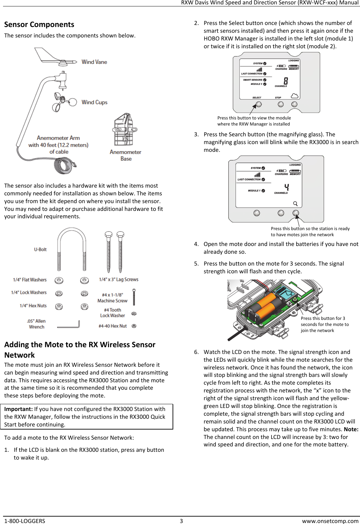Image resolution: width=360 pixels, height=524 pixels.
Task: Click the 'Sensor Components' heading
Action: point(39,25)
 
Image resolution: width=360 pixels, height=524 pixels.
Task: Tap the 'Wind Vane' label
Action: point(94,62)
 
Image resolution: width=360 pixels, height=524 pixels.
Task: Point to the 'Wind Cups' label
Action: point(94,102)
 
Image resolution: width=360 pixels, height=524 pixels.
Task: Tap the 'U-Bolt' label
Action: point(40,250)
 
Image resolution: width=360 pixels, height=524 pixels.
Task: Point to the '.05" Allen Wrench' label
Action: point(36,324)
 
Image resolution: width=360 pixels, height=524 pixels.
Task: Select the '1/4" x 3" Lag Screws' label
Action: point(119,280)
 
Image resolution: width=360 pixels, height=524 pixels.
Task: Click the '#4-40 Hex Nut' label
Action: point(112,326)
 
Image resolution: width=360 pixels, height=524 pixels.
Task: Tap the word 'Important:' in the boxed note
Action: point(18,409)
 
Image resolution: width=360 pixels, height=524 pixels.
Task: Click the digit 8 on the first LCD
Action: point(286,81)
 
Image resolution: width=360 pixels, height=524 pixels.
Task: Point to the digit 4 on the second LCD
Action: point(286,188)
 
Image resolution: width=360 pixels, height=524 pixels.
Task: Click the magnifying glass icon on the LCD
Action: point(295,203)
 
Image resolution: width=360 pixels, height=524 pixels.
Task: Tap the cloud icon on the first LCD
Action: point(294,96)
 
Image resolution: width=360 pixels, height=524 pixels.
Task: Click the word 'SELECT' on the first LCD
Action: point(257,98)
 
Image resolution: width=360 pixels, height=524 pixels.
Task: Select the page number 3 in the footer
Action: point(181,521)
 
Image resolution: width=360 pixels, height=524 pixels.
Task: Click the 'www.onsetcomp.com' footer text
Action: point(330,521)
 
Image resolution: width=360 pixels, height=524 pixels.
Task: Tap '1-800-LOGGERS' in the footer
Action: point(25,521)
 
